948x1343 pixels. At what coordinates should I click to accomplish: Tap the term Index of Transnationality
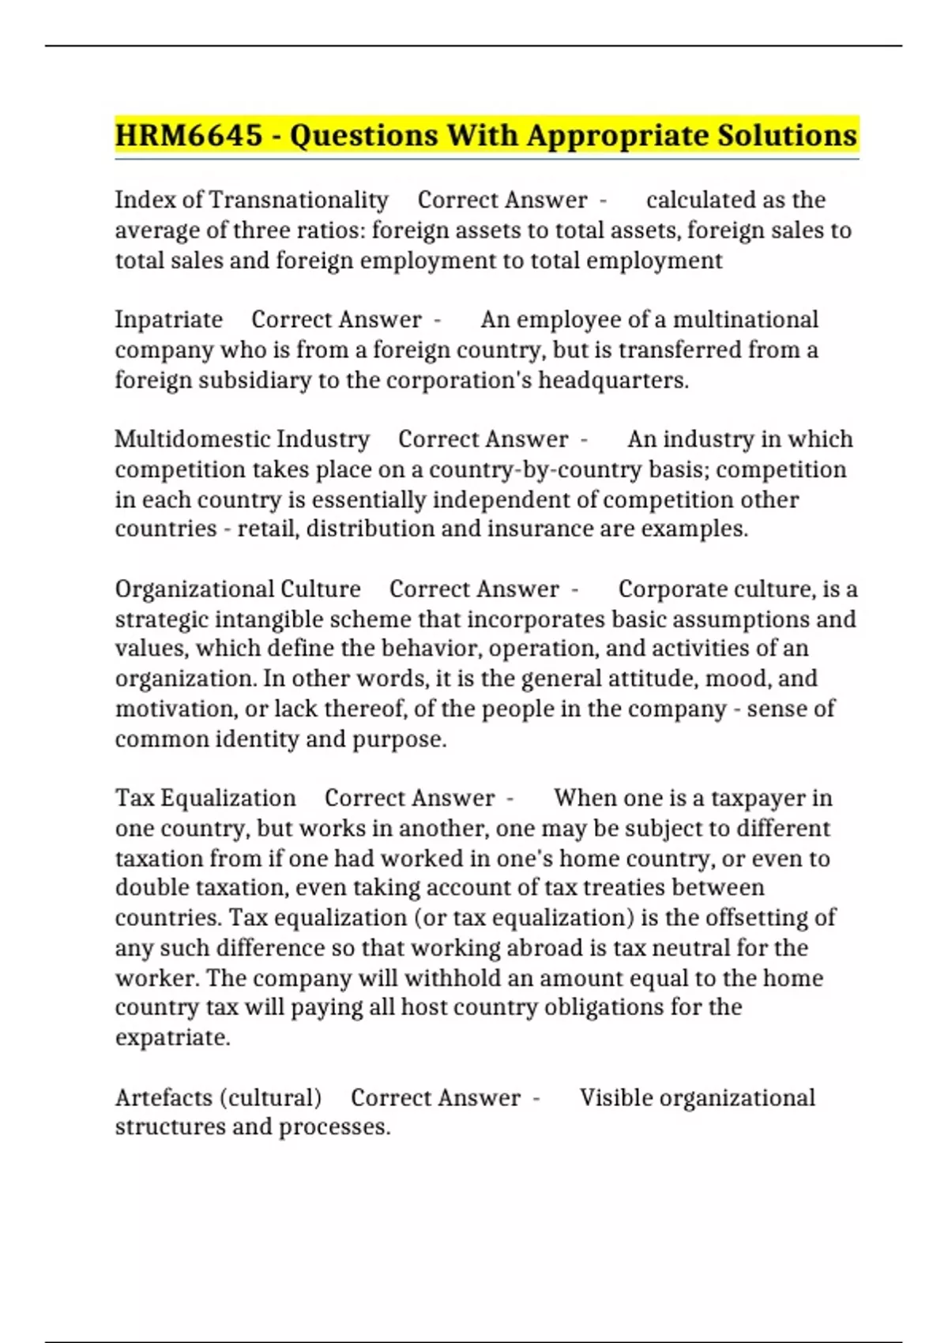point(251,200)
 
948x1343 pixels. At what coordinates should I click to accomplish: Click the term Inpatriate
point(168,319)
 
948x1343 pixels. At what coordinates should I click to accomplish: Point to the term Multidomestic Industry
point(242,439)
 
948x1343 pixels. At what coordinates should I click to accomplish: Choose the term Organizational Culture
point(237,589)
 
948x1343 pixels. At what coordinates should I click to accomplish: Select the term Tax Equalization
point(205,798)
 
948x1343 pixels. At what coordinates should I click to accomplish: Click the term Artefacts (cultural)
point(218,1097)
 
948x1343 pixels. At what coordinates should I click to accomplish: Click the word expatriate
point(171,1037)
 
